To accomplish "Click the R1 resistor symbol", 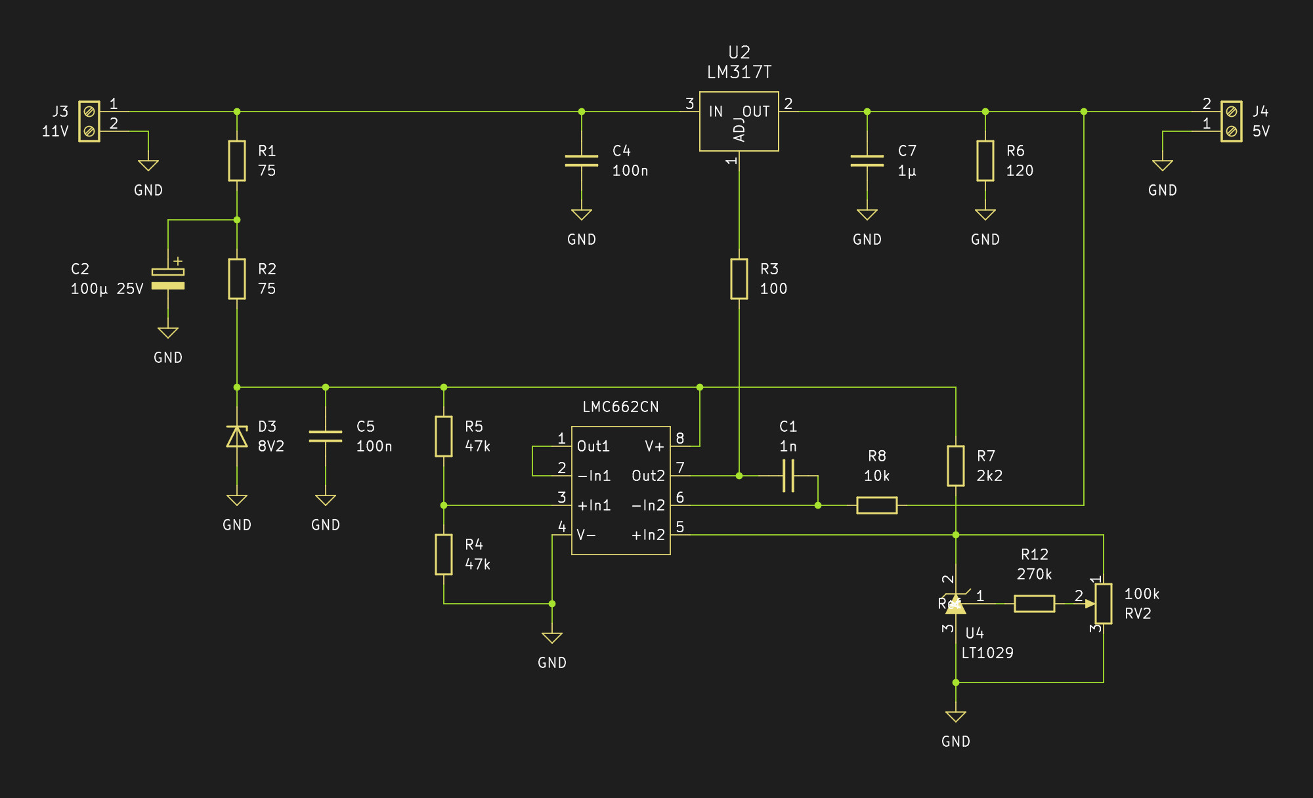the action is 237,161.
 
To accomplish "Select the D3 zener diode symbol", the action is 237,436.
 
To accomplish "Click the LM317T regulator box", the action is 739,121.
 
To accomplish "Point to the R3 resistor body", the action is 739,279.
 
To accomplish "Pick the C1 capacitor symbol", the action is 788,476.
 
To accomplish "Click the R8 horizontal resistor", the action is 877,505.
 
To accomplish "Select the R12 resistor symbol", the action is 1035,604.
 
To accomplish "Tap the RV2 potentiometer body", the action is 1104,604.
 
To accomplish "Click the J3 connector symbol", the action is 89,121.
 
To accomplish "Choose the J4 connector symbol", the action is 1232,121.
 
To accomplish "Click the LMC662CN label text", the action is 620,407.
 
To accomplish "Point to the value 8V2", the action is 271,446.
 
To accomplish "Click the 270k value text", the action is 1035,574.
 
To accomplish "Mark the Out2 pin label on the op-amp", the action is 648,476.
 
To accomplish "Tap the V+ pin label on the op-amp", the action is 655,446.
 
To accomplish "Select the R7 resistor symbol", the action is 956,466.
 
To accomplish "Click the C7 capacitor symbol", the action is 867,161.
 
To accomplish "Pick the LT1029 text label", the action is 987,653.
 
